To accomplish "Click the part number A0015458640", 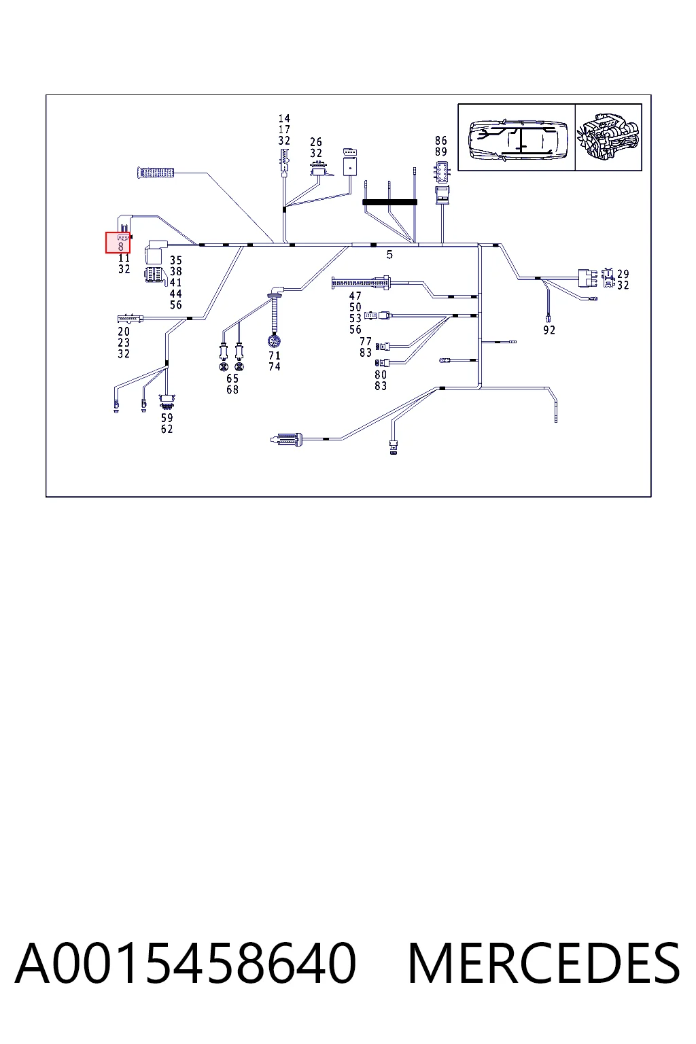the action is pyautogui.click(x=186, y=963).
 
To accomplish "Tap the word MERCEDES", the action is pyautogui.click(x=544, y=963).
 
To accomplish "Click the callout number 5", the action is pyautogui.click(x=389, y=254).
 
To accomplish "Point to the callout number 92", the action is pyautogui.click(x=549, y=330).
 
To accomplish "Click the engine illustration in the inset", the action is pyautogui.click(x=608, y=137).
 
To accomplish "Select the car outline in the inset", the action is pyautogui.click(x=518, y=138).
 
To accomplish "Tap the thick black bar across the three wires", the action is pyautogui.click(x=389, y=203).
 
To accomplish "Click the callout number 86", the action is pyautogui.click(x=441, y=140).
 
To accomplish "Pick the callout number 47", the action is pyautogui.click(x=355, y=296).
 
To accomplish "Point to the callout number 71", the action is pyautogui.click(x=275, y=355).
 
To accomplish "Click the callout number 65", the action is pyautogui.click(x=232, y=379).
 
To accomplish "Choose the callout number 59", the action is pyautogui.click(x=167, y=417).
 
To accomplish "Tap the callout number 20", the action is pyautogui.click(x=124, y=332).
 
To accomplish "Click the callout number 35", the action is pyautogui.click(x=176, y=260).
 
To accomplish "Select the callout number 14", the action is pyautogui.click(x=284, y=118).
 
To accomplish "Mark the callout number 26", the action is pyautogui.click(x=316, y=141).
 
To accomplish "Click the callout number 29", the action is pyautogui.click(x=623, y=274).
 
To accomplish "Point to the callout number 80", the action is pyautogui.click(x=381, y=375).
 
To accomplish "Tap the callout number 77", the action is pyautogui.click(x=366, y=342).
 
